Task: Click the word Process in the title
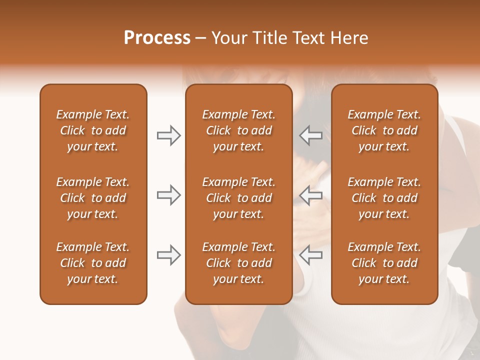(157, 38)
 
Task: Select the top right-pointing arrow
(169, 135)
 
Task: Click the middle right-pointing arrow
(169, 195)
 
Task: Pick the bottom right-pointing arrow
(169, 255)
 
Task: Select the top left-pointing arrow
(310, 135)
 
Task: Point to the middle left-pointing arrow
(310, 195)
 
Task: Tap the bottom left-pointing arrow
(310, 255)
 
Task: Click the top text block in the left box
(93, 130)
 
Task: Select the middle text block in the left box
(93, 198)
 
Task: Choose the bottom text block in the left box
(93, 263)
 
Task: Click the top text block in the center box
(239, 130)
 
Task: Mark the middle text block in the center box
(239, 198)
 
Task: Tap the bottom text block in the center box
(239, 263)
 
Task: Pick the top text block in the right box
(384, 130)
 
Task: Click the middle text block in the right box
(384, 198)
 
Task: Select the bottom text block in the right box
(384, 263)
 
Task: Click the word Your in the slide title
(228, 38)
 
